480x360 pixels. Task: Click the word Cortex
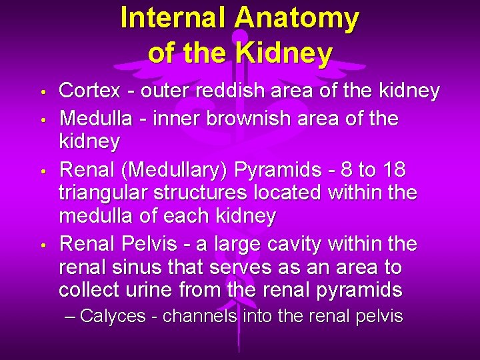[89, 91]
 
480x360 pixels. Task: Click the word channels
[200, 315]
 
